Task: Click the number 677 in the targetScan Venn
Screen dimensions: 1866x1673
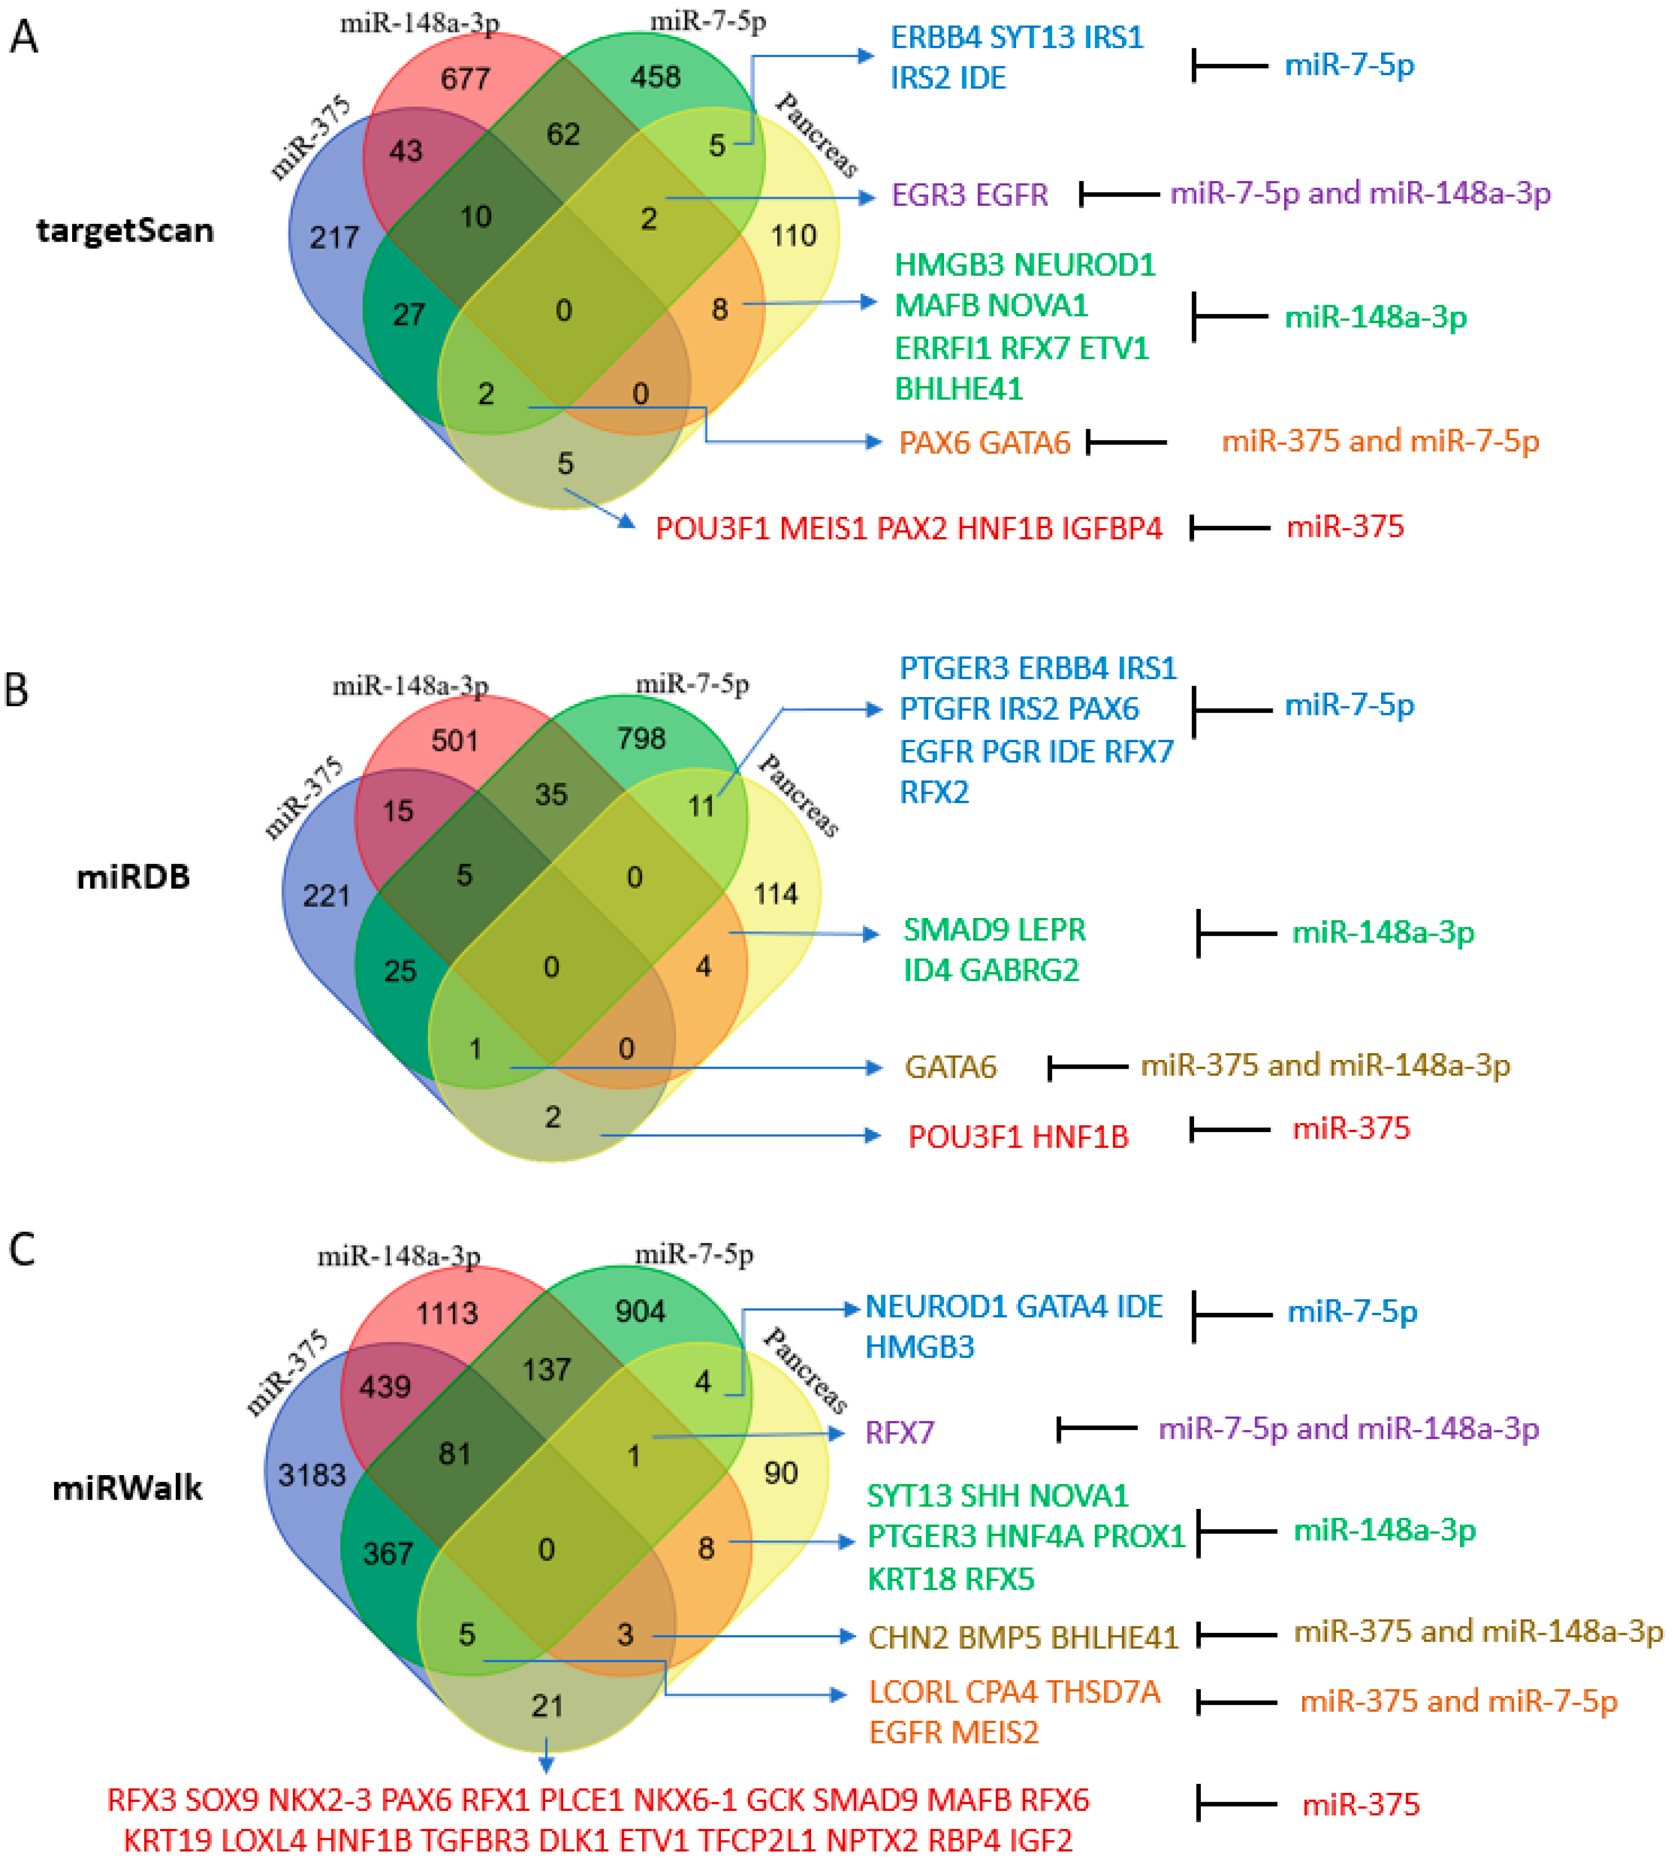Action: click(465, 79)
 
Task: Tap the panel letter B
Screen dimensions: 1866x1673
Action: click(16, 690)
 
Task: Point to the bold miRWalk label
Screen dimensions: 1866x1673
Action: click(127, 1487)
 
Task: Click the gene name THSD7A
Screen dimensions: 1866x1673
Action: click(1103, 1692)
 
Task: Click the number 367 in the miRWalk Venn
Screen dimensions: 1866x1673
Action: click(388, 1554)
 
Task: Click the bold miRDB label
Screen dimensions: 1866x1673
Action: click(133, 876)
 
